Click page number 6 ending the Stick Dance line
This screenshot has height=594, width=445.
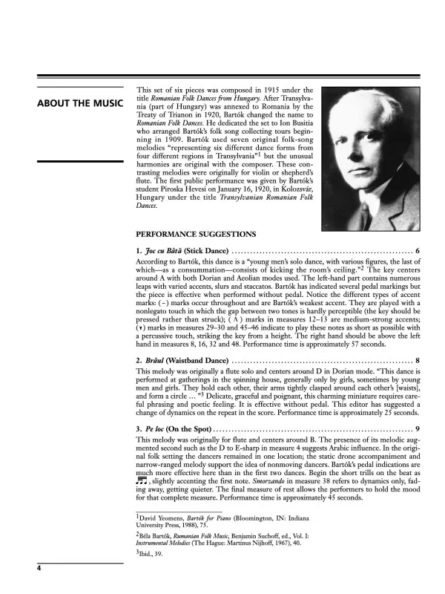click(418, 250)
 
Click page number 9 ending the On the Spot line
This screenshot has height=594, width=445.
click(418, 428)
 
